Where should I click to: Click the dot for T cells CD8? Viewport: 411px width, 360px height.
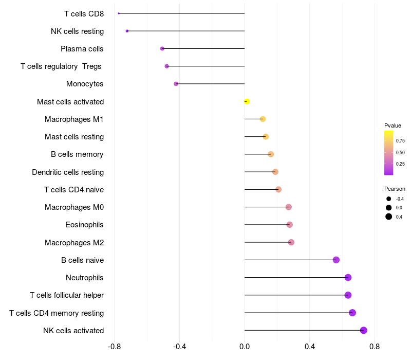[x=119, y=13]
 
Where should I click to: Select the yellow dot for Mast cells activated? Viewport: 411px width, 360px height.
[x=247, y=101]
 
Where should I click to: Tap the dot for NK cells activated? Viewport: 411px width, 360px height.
[x=364, y=330]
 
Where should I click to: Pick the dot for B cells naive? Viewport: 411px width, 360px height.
[x=336, y=260]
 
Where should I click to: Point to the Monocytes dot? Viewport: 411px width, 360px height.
[x=176, y=84]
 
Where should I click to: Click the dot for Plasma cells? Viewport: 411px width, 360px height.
[x=162, y=48]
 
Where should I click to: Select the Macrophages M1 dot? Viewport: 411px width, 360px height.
[x=263, y=119]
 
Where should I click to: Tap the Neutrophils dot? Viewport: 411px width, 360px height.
[x=348, y=277]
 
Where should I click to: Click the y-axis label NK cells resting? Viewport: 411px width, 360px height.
[x=78, y=31]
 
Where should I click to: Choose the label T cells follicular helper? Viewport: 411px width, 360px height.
[x=67, y=295]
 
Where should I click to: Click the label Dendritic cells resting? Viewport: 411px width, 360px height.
[x=68, y=172]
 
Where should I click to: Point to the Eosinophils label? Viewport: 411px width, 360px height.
[x=84, y=225]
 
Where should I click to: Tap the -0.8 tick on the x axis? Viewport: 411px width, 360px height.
[x=114, y=347]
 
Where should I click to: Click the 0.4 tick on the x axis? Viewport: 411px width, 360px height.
[x=310, y=347]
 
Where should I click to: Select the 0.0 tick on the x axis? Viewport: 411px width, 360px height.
[x=245, y=347]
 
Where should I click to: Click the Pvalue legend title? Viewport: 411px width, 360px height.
[x=393, y=125]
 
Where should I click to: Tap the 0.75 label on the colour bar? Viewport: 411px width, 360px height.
[x=400, y=141]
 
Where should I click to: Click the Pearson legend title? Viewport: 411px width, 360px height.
[x=395, y=189]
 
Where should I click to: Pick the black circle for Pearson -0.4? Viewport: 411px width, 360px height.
[x=389, y=199]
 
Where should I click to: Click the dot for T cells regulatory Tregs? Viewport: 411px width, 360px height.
[x=166, y=66]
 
